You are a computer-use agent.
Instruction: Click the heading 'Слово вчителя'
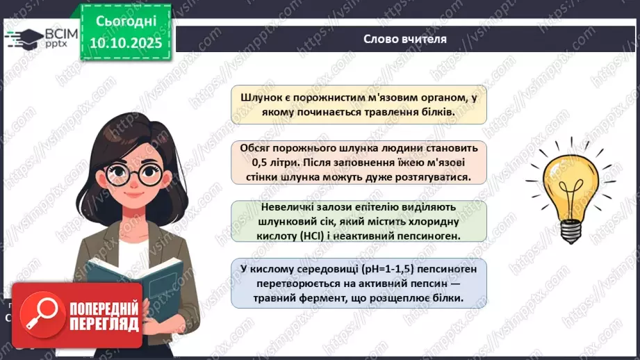[x=404, y=39]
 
